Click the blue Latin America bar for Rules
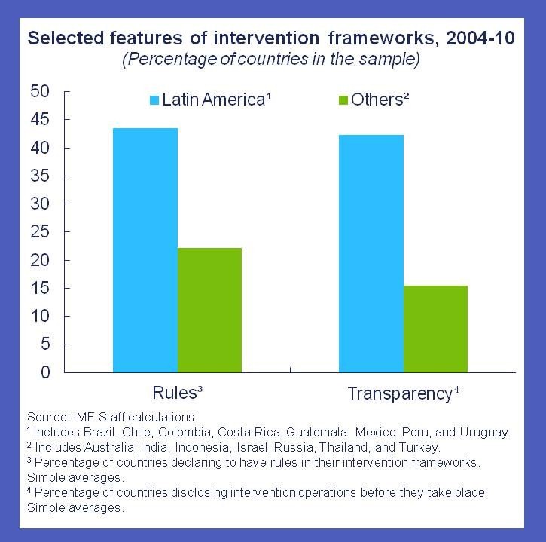(x=145, y=250)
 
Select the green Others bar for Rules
(x=209, y=310)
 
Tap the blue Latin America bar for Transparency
(x=371, y=253)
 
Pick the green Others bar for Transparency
(x=435, y=329)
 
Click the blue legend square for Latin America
(x=154, y=99)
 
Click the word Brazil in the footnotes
(x=99, y=432)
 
